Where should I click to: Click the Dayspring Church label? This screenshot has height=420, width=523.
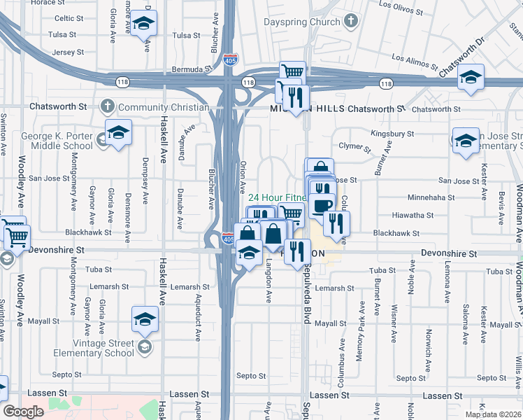coord(301,22)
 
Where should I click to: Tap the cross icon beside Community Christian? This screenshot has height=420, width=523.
coord(107,107)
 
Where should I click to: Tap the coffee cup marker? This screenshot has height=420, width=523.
coord(322,204)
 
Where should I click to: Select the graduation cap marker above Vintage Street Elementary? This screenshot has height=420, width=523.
coord(145,319)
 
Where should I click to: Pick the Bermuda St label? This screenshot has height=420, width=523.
coord(193,70)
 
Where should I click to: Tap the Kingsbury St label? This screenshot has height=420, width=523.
coord(392,133)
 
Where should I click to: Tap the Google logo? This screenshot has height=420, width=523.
coord(23,412)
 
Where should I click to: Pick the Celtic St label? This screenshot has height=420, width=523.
coord(69,18)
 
